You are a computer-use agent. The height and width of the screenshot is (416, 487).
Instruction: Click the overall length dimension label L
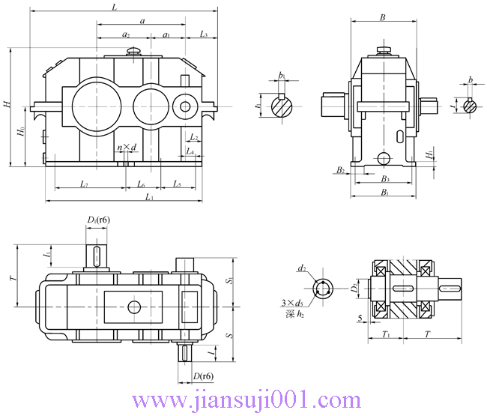(114, 7)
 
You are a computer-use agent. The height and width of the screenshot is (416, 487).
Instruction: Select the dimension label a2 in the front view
(125, 34)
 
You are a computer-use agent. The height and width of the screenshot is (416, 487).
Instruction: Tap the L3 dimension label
(204, 34)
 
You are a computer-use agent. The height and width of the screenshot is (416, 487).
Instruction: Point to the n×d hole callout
(127, 148)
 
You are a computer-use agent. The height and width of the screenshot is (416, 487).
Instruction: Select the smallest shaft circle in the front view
(184, 107)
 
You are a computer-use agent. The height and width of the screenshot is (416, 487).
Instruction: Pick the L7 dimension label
(85, 184)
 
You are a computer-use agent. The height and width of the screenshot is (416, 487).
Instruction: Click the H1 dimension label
(429, 154)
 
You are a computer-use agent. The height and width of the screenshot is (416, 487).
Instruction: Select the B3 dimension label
(384, 179)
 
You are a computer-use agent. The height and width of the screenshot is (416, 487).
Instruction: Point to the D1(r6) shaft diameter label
(98, 220)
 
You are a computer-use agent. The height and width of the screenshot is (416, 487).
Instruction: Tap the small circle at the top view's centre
(135, 306)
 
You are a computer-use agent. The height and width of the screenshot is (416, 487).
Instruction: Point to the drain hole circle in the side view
(384, 158)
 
